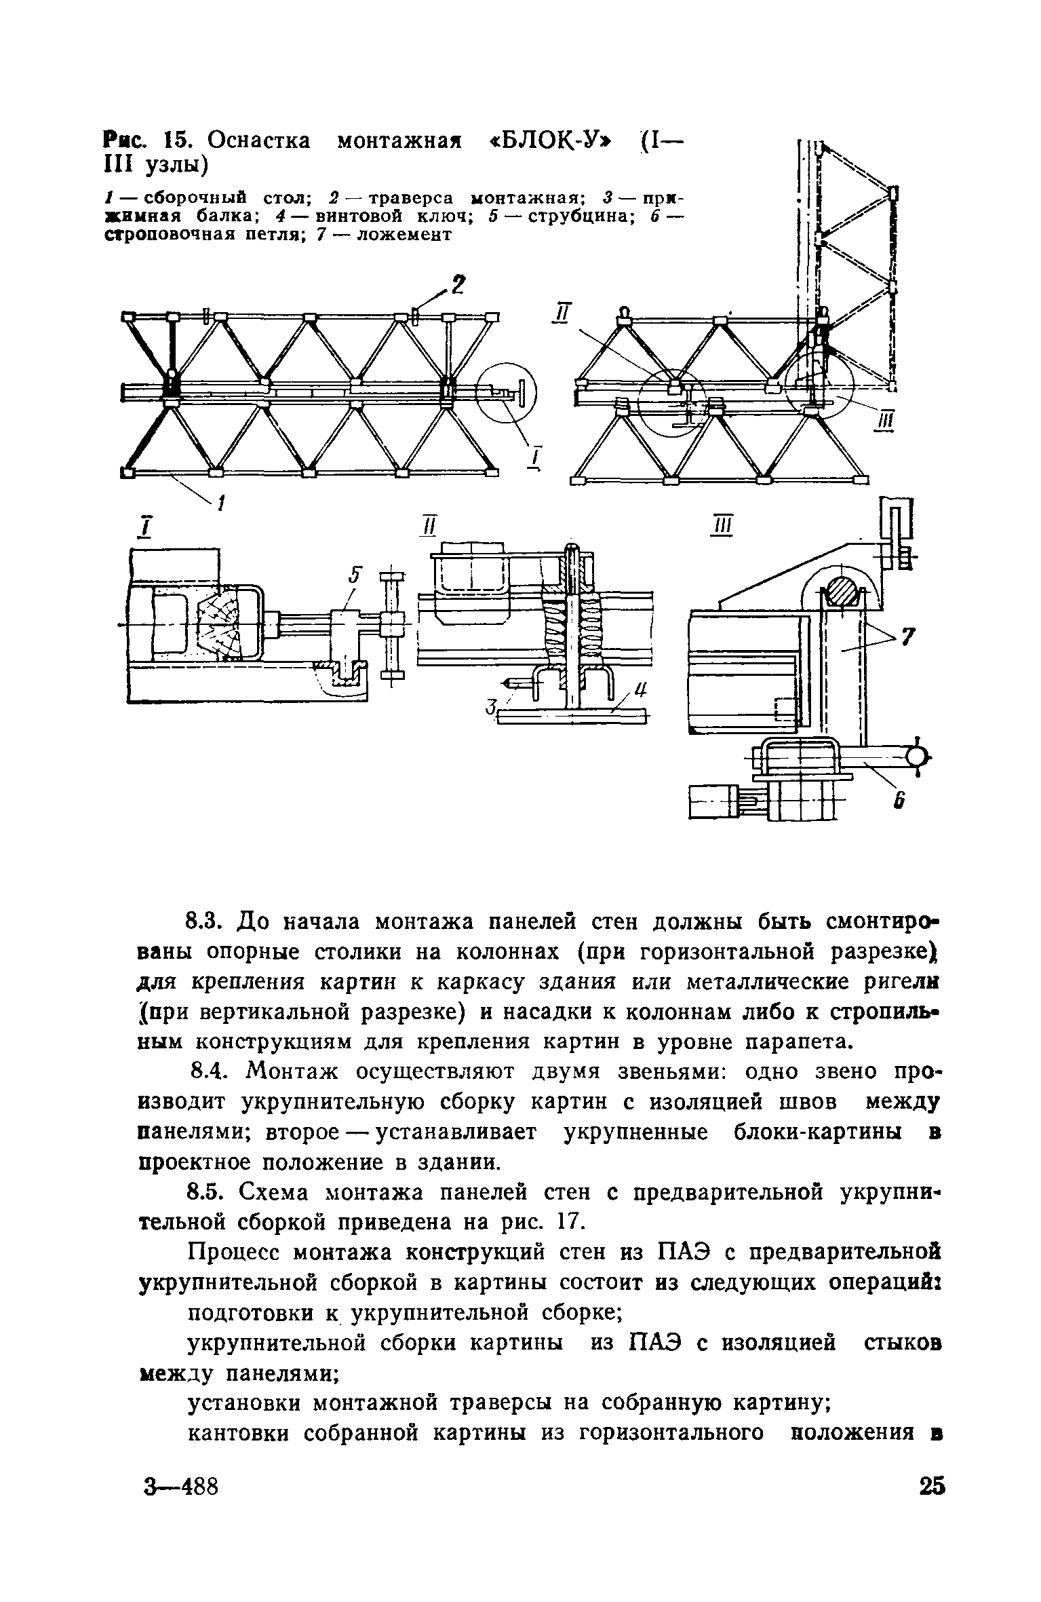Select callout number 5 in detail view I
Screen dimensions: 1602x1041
pyautogui.click(x=353, y=576)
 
